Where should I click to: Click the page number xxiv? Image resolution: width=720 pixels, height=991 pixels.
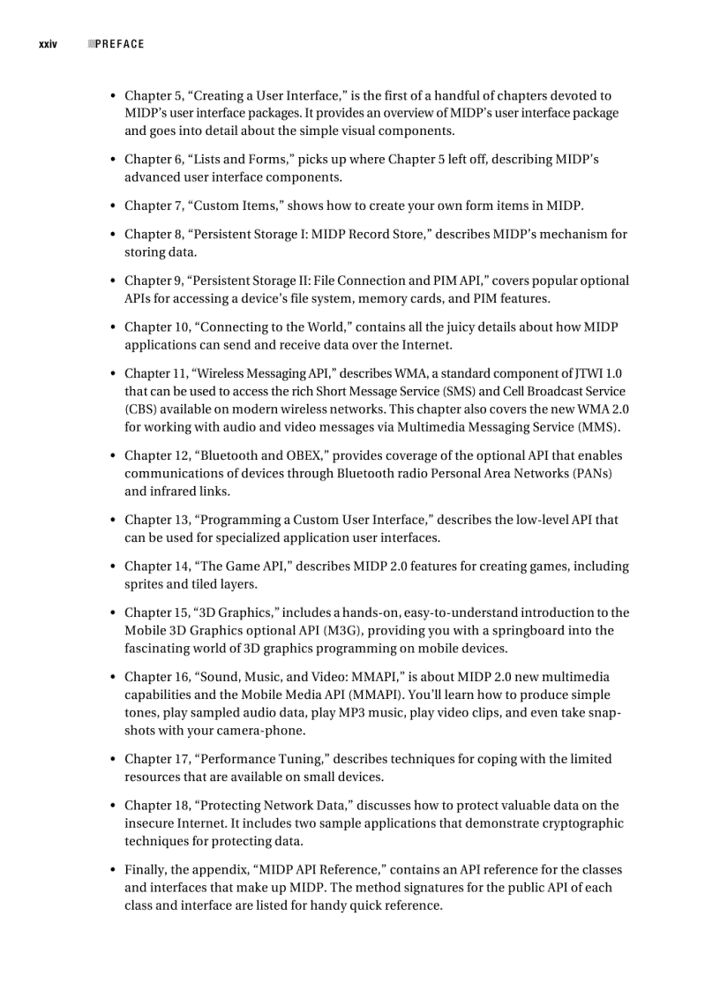point(48,44)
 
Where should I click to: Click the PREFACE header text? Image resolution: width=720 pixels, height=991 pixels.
point(119,44)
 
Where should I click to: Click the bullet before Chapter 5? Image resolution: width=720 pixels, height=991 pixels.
point(113,96)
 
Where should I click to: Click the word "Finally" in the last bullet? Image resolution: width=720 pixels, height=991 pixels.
point(147,869)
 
